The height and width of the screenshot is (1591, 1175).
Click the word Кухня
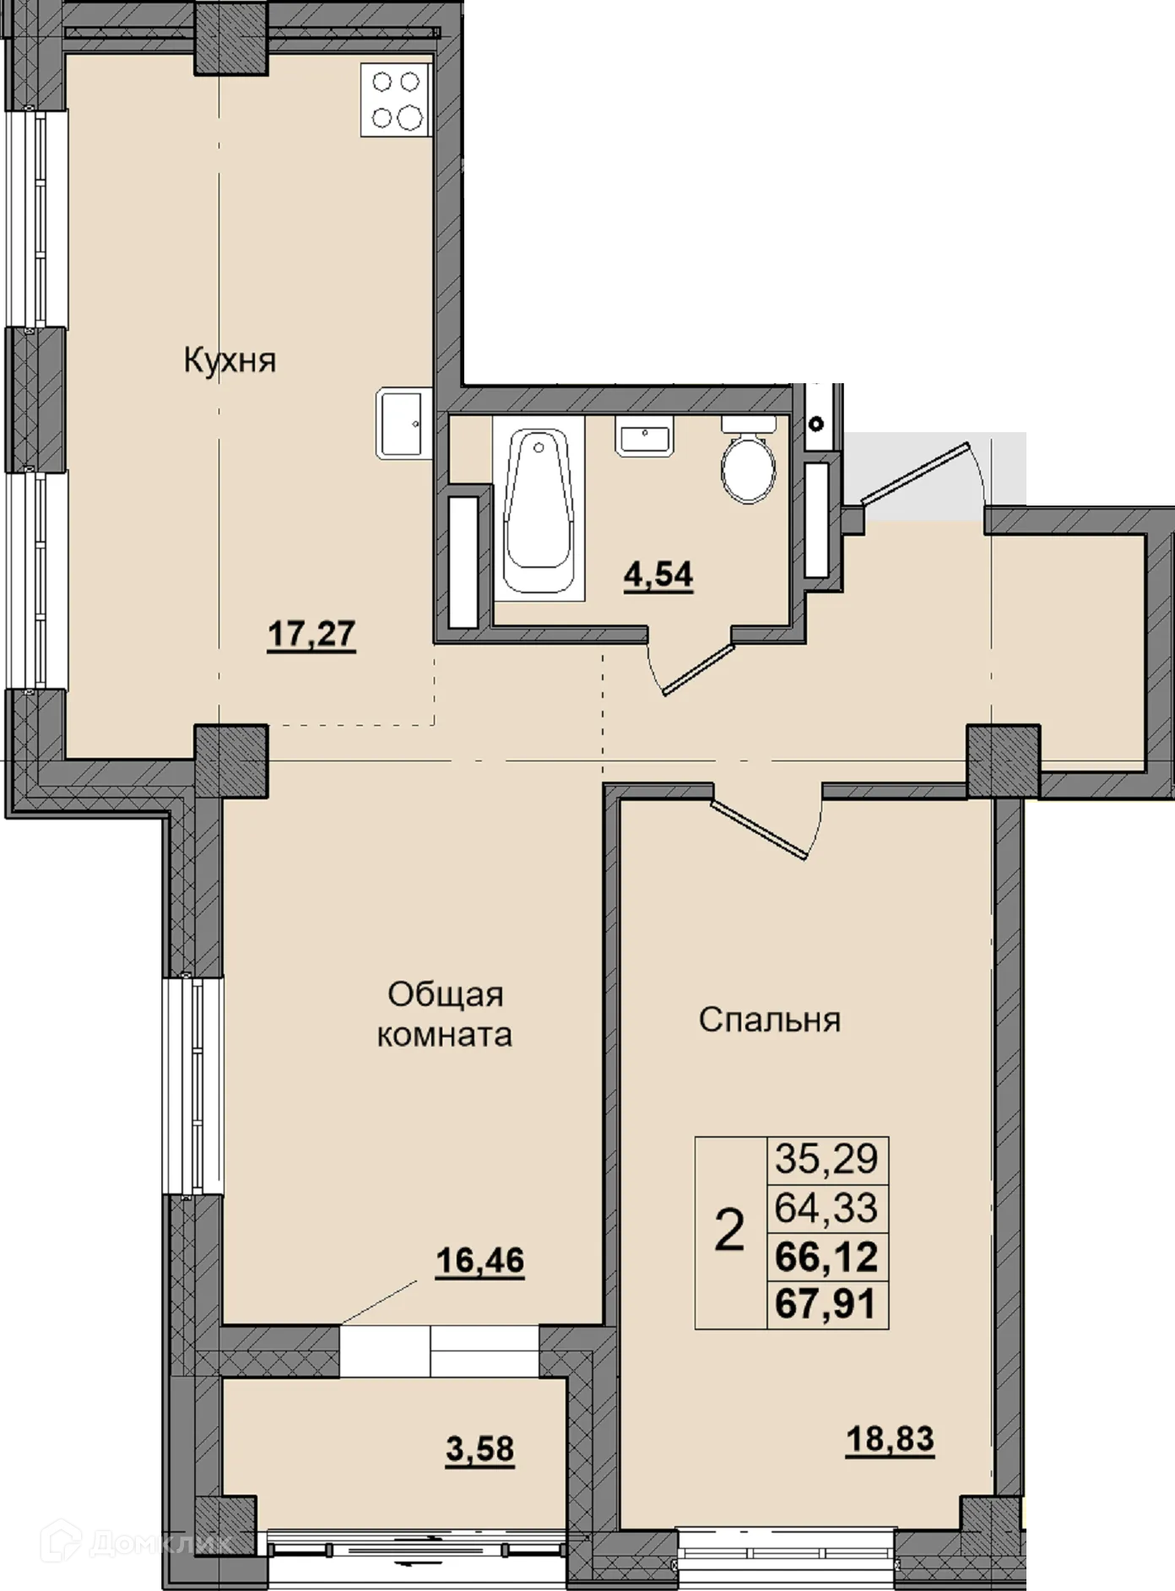[230, 361]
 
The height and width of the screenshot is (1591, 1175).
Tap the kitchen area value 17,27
[311, 634]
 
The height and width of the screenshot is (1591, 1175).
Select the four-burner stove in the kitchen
[397, 99]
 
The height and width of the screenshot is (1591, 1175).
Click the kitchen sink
[402, 423]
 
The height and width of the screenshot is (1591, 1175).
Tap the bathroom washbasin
[644, 437]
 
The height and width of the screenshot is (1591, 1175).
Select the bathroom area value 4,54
[658, 576]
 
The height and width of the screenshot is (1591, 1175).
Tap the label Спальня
[770, 1020]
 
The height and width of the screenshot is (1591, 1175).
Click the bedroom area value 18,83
[890, 1437]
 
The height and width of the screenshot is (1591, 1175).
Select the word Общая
[445, 994]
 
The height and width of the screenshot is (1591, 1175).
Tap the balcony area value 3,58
[479, 1449]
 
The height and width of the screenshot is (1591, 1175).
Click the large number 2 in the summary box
[730, 1231]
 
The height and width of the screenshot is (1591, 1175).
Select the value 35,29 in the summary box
[826, 1160]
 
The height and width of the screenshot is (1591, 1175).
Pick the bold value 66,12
[826, 1257]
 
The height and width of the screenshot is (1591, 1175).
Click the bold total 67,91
[826, 1305]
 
